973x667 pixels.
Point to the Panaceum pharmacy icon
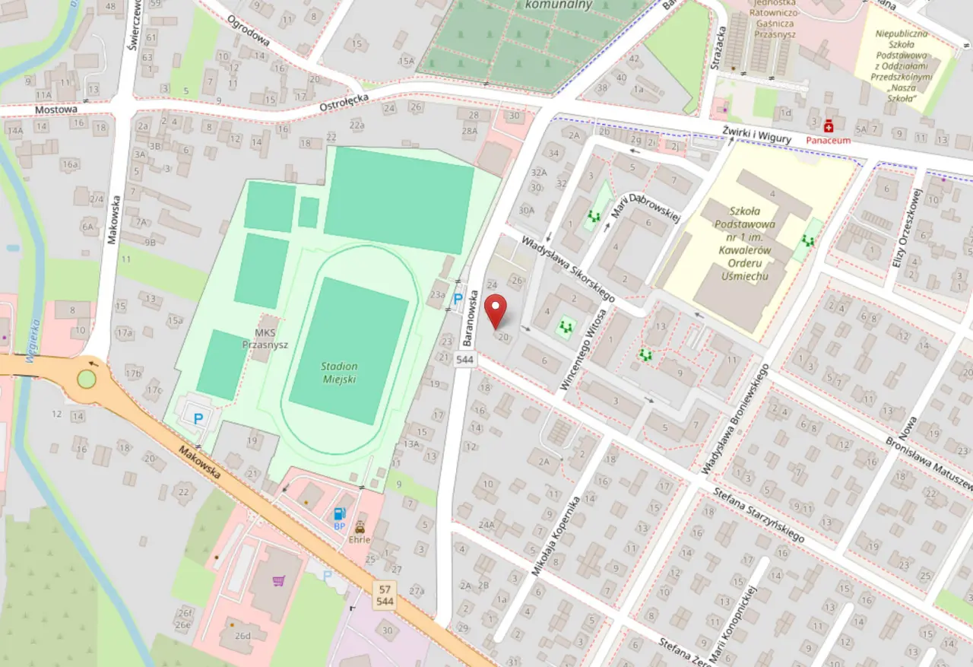[829, 125]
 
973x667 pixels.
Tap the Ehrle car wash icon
[360, 527]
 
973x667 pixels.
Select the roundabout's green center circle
[87, 379]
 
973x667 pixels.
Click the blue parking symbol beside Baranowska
[458, 299]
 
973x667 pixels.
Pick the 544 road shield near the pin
[465, 359]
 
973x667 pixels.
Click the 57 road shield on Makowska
[385, 589]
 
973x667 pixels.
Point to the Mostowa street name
[56, 110]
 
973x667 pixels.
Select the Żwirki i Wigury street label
[759, 134]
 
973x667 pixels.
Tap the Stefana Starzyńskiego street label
[758, 516]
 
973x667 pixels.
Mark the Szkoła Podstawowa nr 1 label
[742, 244]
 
